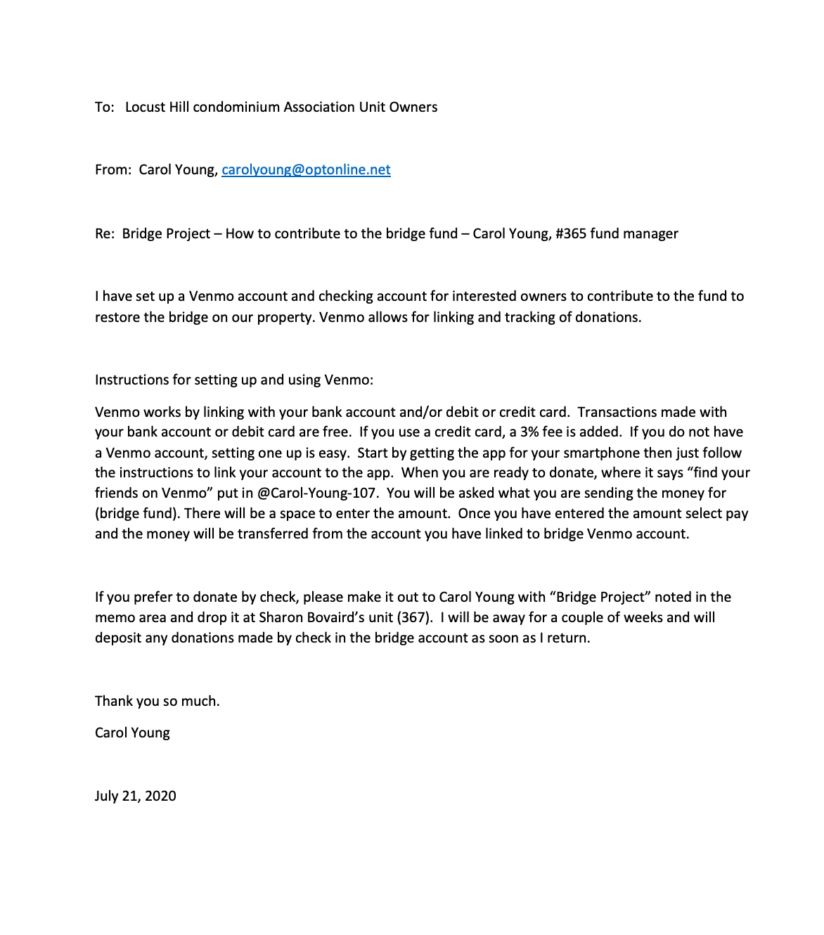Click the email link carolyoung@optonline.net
(306, 169)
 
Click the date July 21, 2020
(136, 796)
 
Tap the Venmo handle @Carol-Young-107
(317, 493)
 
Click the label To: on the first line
(104, 107)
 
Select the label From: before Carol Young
(112, 169)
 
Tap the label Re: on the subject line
(104, 233)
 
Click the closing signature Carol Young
(132, 733)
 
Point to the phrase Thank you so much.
(157, 701)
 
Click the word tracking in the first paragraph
(517, 317)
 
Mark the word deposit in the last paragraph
(118, 638)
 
